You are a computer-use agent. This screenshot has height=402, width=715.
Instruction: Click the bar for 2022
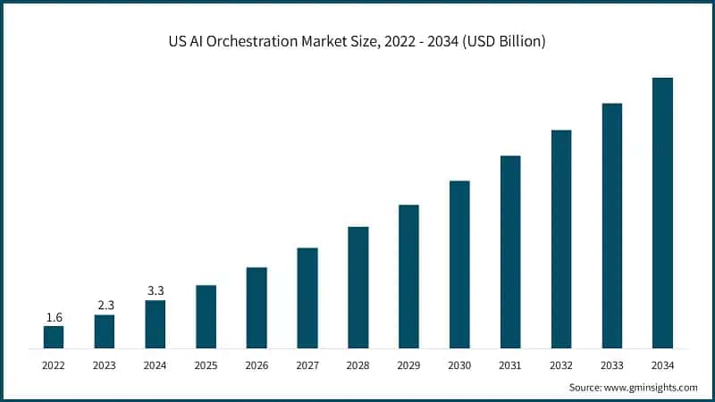click(54, 337)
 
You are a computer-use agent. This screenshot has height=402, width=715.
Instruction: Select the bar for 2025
click(206, 316)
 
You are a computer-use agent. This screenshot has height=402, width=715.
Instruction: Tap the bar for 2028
click(358, 287)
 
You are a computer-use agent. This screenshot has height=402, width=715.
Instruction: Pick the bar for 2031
click(510, 252)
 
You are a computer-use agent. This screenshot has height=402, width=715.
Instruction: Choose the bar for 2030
click(459, 264)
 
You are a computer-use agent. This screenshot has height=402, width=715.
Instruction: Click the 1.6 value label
click(54, 317)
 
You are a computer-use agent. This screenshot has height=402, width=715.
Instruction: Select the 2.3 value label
click(105, 306)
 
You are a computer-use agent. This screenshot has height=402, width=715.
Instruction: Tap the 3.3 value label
click(155, 291)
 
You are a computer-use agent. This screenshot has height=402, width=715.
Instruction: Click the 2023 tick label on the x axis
click(105, 365)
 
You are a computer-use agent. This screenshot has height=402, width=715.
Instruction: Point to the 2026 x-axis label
click(257, 365)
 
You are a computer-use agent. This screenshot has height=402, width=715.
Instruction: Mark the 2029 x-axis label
click(408, 365)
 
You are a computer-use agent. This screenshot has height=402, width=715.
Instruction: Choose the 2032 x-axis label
click(561, 365)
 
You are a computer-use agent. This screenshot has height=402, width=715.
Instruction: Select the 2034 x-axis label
click(662, 365)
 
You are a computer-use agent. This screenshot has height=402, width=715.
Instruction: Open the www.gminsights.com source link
click(651, 387)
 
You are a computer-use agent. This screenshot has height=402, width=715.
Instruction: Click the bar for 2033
click(612, 225)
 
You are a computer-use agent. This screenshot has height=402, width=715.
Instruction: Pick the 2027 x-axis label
click(307, 365)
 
